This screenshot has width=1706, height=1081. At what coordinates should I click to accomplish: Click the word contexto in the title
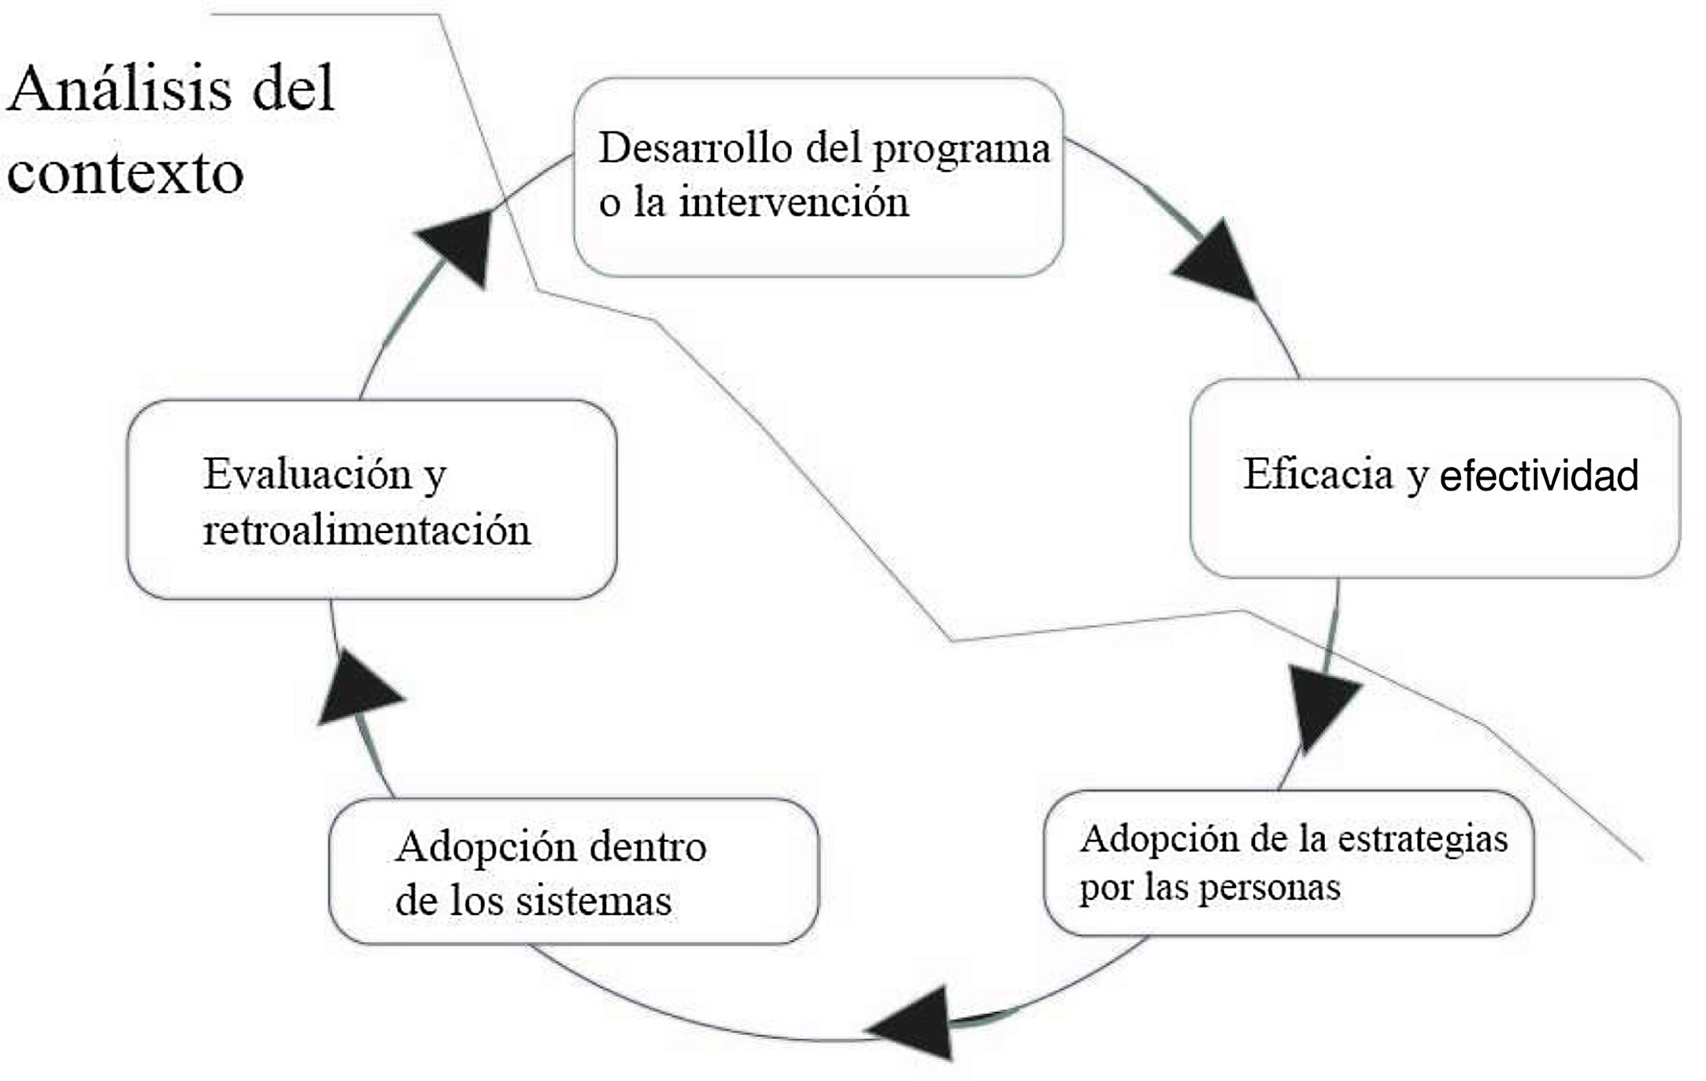click(x=125, y=173)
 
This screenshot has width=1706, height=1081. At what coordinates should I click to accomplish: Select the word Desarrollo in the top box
click(x=695, y=148)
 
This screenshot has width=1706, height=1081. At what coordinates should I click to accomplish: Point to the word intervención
click(x=794, y=202)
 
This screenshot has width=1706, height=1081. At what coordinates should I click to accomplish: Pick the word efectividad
click(x=1538, y=476)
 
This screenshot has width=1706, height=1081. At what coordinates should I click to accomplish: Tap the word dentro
click(x=647, y=847)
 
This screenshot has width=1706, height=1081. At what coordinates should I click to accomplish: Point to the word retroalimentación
click(x=366, y=529)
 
